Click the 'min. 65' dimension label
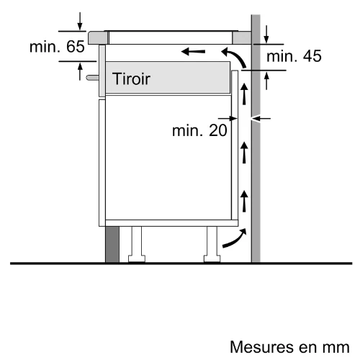click(x=57, y=47)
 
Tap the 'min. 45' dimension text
click(x=294, y=56)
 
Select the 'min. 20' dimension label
click(x=199, y=130)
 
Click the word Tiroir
click(x=131, y=78)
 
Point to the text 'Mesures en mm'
click(x=289, y=347)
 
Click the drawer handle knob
click(x=92, y=78)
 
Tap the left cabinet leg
click(x=137, y=244)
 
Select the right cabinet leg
click(x=212, y=244)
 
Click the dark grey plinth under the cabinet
click(x=112, y=244)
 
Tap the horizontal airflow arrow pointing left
click(x=193, y=51)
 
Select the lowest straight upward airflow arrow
click(x=244, y=201)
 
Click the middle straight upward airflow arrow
click(x=244, y=153)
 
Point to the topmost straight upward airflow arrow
click(x=244, y=94)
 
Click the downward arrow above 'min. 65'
click(x=80, y=22)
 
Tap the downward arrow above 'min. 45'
click(x=266, y=35)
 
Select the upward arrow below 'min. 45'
click(x=266, y=81)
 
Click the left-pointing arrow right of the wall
click(x=261, y=118)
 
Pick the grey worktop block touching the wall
click(x=242, y=37)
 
